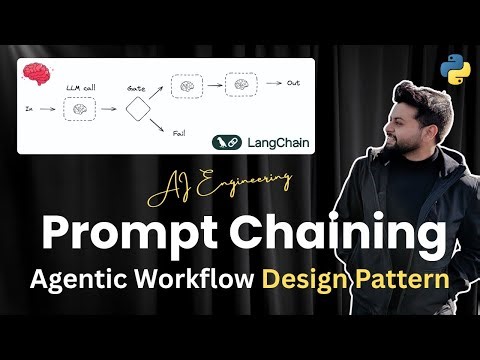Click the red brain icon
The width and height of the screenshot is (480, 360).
coord(37,73)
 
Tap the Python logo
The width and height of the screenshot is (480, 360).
coord(455,72)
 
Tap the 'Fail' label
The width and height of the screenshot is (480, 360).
coord(179,134)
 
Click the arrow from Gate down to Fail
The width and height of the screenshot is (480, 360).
coord(159,123)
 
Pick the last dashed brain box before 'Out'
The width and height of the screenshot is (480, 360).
coord(239,85)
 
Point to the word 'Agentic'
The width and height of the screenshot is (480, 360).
coord(86,280)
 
